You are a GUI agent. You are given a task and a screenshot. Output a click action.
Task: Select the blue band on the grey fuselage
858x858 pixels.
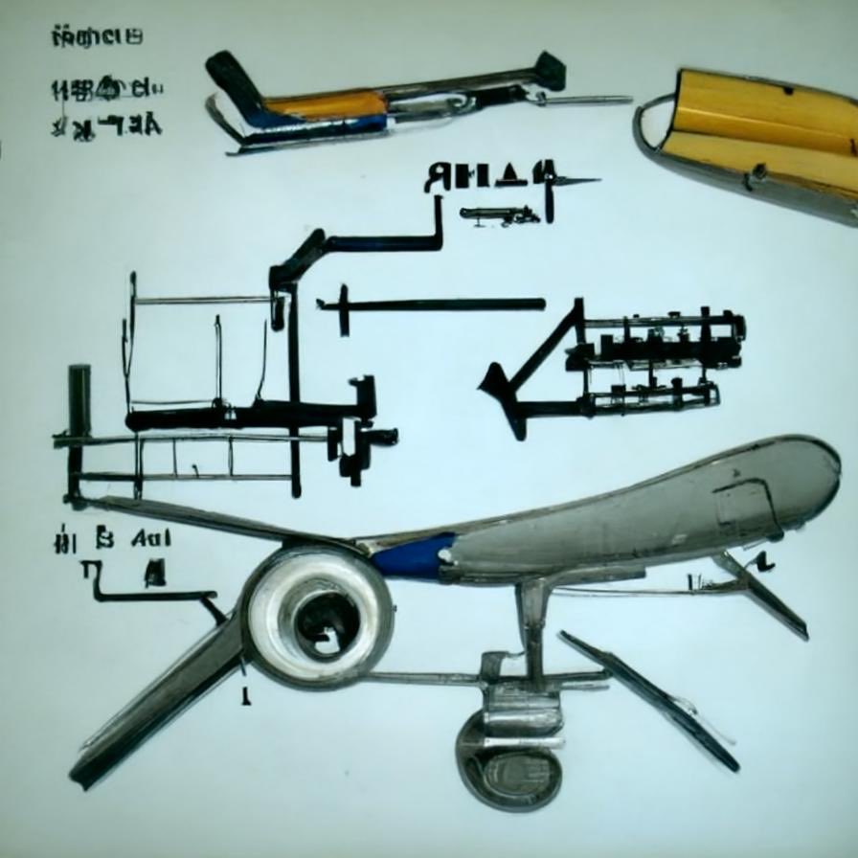point(415,556)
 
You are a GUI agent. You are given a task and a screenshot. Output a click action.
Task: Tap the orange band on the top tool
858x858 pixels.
point(326,104)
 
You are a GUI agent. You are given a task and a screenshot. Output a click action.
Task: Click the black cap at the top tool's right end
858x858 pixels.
point(551,70)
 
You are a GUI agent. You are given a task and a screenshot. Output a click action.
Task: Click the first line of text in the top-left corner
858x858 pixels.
point(96,38)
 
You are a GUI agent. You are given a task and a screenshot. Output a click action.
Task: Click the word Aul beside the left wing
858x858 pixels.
point(152,538)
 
